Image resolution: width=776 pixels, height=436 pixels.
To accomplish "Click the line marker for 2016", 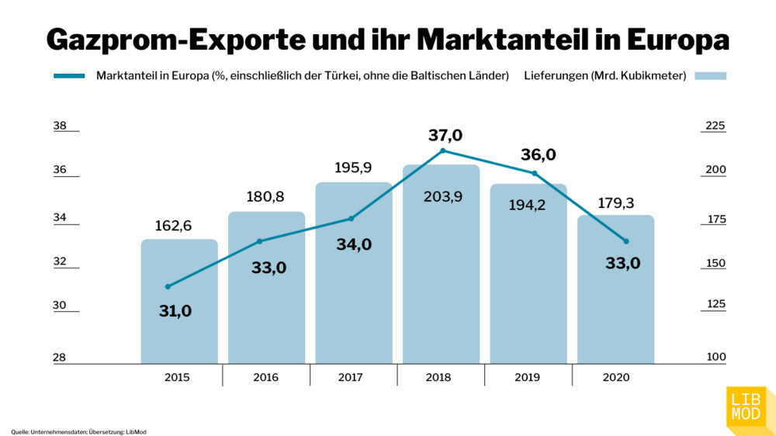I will [259, 241].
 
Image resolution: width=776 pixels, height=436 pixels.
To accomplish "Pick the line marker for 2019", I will [534, 173].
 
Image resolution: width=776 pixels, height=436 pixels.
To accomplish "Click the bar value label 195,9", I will [353, 168].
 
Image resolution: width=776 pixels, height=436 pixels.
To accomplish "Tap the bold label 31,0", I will [175, 311].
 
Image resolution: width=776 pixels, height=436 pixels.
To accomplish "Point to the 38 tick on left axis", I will [60, 126].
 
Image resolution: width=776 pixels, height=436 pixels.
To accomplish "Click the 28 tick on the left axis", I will [60, 358].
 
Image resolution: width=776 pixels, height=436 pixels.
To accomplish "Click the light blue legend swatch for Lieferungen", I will [711, 76].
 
